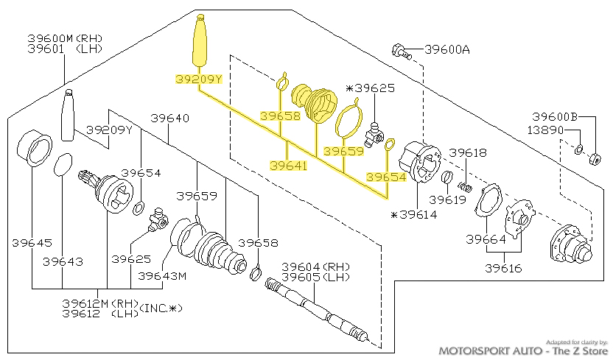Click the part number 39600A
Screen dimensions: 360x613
[x=447, y=50]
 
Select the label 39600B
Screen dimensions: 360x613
[x=555, y=116]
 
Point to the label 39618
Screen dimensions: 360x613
[x=469, y=153]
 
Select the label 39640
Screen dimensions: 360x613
[x=170, y=118]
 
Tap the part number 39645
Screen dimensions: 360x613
[x=32, y=242]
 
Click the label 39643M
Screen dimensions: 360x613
[x=161, y=276]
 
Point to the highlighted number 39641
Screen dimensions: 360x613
[x=288, y=166]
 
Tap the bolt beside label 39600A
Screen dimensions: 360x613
[x=399, y=51]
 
